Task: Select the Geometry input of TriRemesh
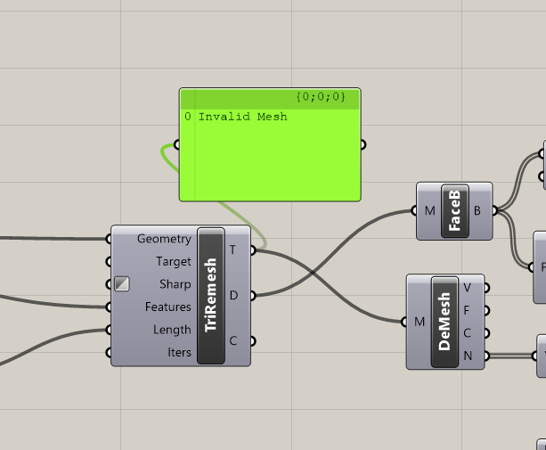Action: (x=164, y=239)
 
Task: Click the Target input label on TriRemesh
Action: (x=173, y=262)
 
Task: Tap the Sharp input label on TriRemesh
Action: (x=175, y=284)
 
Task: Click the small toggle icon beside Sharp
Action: (x=122, y=284)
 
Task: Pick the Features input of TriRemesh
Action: (x=167, y=307)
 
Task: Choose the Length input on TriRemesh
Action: (x=171, y=330)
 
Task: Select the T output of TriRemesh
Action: (x=232, y=250)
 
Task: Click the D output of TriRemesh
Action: (x=232, y=295)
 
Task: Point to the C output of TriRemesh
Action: (x=232, y=340)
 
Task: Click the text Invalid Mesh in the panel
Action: (x=242, y=117)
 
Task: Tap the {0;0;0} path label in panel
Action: (x=320, y=95)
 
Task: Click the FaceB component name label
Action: (x=454, y=212)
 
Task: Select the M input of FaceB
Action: (x=430, y=211)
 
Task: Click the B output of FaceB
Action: (x=478, y=211)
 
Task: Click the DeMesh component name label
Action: (x=445, y=321)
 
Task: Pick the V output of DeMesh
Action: (x=468, y=287)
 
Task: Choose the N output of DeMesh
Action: (x=468, y=356)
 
